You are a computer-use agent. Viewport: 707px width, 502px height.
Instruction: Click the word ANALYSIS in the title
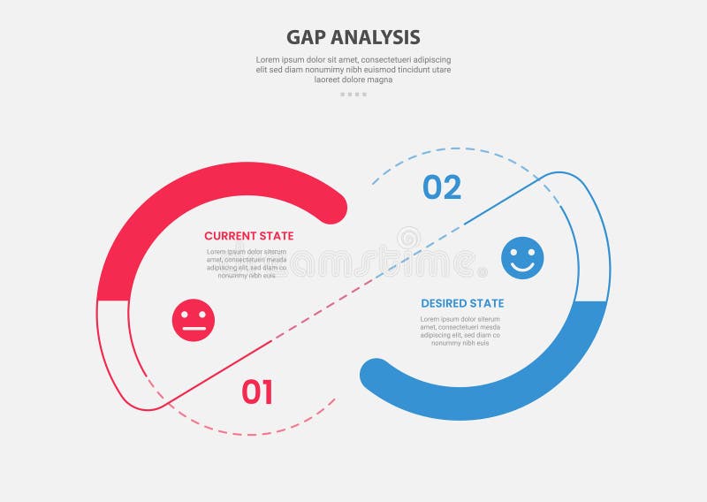click(373, 37)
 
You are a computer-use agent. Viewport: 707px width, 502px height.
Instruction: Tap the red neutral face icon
click(194, 320)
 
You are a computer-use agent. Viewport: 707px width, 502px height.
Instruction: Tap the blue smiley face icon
click(522, 258)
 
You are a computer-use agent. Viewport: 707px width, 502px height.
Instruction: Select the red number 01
click(257, 392)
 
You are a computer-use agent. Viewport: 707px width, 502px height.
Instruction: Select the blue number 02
click(442, 187)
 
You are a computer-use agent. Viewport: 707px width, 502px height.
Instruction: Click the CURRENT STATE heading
click(249, 236)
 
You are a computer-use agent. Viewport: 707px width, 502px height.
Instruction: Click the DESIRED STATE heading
click(462, 303)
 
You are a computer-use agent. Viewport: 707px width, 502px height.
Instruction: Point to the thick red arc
click(177, 198)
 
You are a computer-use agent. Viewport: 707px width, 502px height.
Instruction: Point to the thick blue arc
click(530, 389)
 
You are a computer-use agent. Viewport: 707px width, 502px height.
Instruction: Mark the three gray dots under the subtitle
click(353, 94)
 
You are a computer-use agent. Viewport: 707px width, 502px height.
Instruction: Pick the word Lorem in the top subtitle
click(268, 59)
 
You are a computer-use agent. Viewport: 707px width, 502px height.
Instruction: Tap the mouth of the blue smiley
click(522, 266)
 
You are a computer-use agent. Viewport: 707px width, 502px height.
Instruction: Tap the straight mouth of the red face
click(194, 328)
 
